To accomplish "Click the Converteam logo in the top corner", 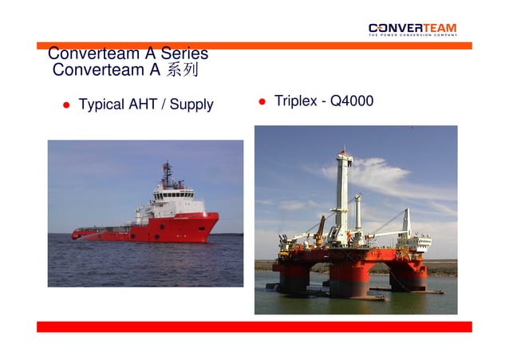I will [412, 28].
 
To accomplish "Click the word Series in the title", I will [184, 54].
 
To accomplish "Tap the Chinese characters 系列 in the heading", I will [181, 70].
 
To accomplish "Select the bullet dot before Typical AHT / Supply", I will [68, 105].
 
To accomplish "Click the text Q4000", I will [351, 101].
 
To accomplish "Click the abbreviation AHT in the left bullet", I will [143, 105].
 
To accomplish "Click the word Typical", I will [101, 105].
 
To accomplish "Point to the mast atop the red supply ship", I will [167, 173].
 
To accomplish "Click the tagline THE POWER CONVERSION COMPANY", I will [412, 35].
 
